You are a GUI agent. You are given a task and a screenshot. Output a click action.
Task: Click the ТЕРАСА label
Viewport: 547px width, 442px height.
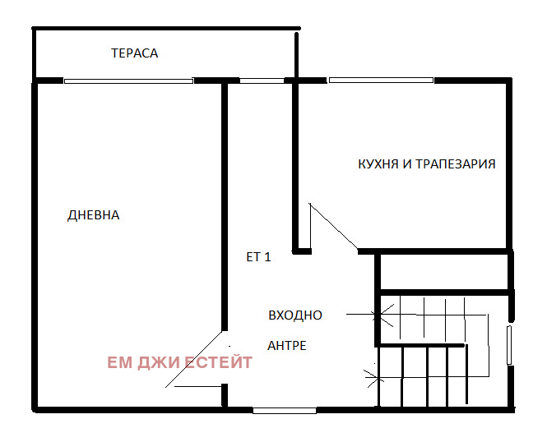pyautogui.click(x=134, y=53)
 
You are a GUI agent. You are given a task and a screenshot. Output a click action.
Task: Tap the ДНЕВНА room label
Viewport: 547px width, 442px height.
pyautogui.click(x=93, y=215)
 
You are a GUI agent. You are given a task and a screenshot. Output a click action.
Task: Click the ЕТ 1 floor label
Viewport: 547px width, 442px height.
pyautogui.click(x=258, y=257)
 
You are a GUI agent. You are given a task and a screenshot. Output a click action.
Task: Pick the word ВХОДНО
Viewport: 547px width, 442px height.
pyautogui.click(x=295, y=315)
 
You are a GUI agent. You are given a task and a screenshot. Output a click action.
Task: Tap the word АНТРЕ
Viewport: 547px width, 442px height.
pyautogui.click(x=286, y=346)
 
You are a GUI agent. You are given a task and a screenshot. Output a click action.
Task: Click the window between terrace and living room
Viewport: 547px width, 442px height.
pyautogui.click(x=128, y=81)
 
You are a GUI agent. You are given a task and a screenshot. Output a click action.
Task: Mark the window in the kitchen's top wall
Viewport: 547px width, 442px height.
pyautogui.click(x=380, y=80)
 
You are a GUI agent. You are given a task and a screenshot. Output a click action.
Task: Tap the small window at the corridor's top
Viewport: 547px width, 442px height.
pyautogui.click(x=261, y=81)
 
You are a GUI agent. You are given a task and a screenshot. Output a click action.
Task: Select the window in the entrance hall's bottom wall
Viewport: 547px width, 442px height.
pyautogui.click(x=284, y=409)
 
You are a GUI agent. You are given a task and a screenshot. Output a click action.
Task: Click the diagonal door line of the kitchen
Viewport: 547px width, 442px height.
pyautogui.click(x=332, y=228)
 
